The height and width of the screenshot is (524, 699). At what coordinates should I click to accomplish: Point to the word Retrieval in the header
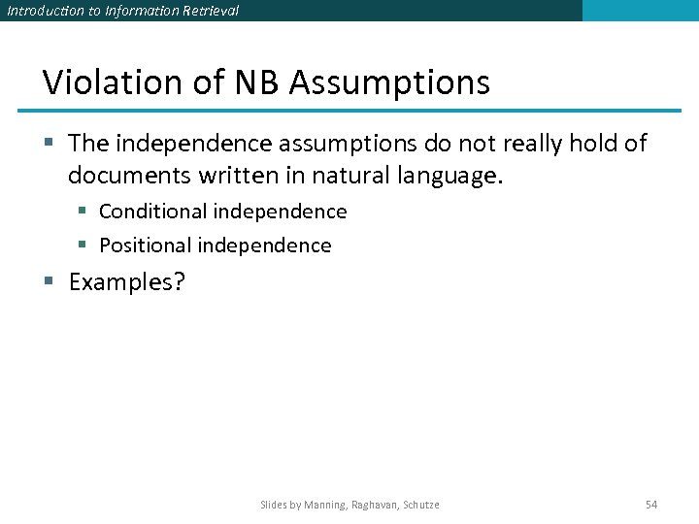coord(211,11)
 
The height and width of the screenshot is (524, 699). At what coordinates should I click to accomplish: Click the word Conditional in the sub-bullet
coord(153,212)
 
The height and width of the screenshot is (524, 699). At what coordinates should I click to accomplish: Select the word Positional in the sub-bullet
coord(146,246)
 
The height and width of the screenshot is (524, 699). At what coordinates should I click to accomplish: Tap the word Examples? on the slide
coord(126,283)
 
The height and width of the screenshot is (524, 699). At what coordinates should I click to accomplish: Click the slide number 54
coord(651,505)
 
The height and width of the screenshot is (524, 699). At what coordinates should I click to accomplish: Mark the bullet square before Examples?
coord(50,282)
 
